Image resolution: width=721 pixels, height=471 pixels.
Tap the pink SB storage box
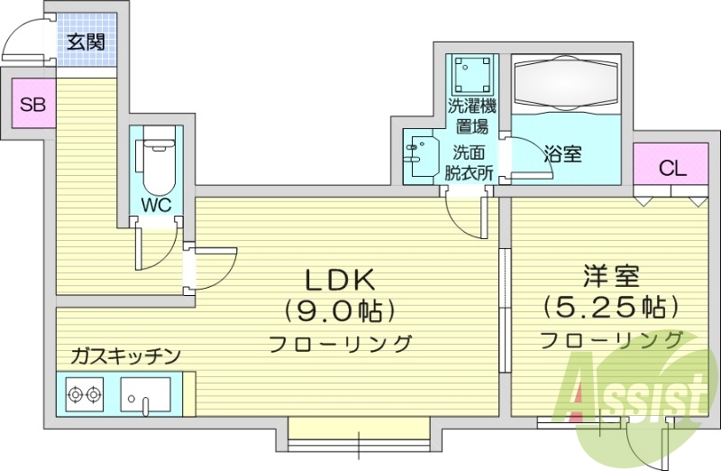32,104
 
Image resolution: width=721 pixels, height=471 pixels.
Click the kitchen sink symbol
145,395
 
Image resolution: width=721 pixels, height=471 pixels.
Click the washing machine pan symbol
472,71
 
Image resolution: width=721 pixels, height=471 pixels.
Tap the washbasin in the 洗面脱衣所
418,157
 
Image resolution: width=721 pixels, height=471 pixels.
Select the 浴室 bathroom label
562,154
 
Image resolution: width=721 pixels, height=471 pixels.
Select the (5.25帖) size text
609,307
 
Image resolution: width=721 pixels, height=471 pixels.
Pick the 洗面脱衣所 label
470,163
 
